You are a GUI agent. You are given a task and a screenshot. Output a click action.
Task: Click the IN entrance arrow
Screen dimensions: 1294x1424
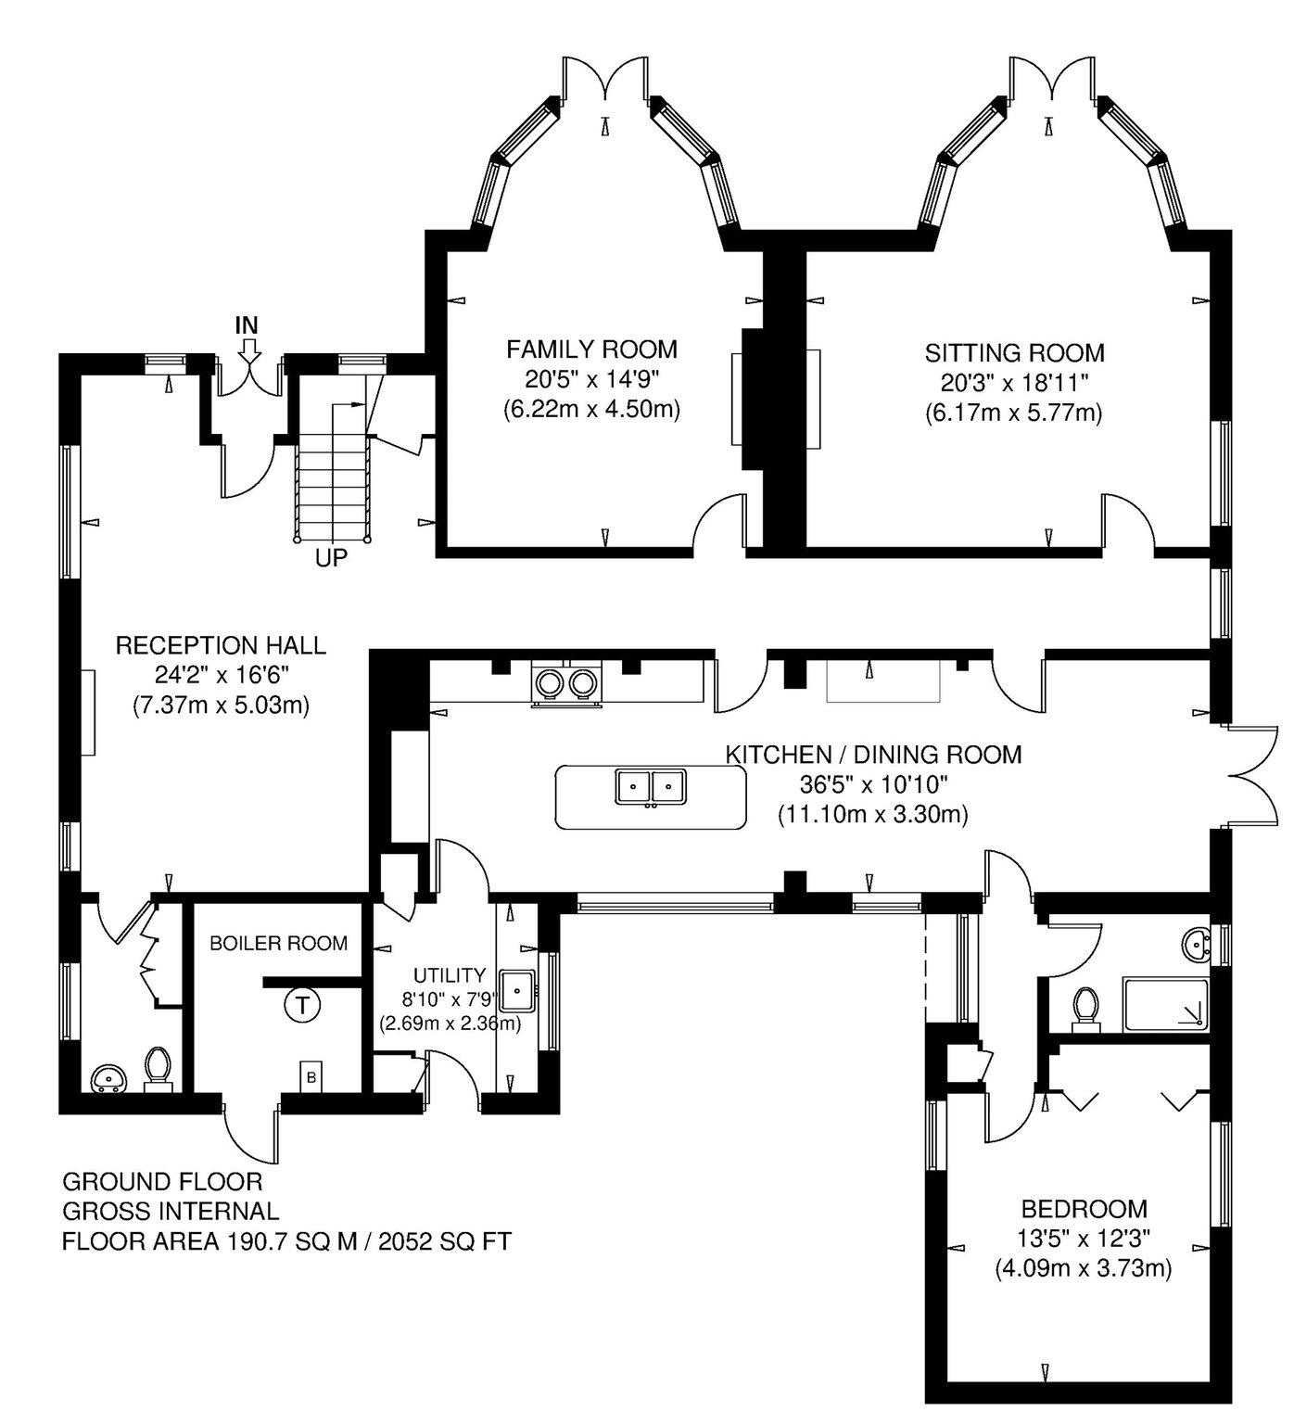[247, 351]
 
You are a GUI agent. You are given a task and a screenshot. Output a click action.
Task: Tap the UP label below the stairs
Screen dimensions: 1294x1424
[333, 559]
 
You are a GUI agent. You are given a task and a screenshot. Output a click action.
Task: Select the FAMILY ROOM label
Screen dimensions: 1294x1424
[591, 350]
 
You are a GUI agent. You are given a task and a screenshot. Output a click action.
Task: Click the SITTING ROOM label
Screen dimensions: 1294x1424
[1014, 352]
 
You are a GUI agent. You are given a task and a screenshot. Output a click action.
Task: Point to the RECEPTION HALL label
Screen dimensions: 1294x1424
[221, 645]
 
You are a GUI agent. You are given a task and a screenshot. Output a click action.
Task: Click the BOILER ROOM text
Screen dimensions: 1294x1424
[278, 944]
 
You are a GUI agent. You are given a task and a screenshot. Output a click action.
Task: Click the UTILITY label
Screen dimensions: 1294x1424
[450, 975]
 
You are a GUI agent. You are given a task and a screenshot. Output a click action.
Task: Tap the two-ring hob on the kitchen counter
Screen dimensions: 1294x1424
[565, 684]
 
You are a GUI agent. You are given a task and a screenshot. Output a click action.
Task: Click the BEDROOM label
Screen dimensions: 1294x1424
[1084, 1209]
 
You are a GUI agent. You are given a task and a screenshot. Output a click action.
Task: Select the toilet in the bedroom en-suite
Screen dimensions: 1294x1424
[1085, 1008]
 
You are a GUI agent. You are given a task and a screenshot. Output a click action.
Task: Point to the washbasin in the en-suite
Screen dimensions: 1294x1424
[1200, 946]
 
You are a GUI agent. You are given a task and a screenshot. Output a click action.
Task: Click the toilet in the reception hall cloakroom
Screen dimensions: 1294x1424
[158, 1068]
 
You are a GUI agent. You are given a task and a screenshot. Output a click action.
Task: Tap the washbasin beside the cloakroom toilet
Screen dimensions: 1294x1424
[110, 1078]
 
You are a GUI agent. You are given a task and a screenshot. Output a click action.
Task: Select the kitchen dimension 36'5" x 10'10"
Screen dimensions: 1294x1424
[873, 785]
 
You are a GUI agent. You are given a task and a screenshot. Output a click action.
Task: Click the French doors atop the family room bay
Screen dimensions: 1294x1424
[606, 78]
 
